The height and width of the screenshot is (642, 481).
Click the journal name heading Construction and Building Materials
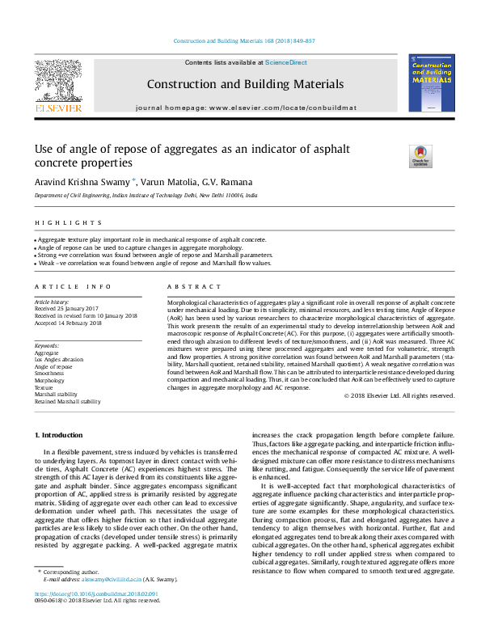(x=245, y=84)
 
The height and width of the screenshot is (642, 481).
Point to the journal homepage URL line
(x=245, y=107)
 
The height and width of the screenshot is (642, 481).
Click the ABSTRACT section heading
(x=194, y=286)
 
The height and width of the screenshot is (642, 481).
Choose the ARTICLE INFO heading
(x=74, y=286)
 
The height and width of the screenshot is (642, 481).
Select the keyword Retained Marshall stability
(x=68, y=401)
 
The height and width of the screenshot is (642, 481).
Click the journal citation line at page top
(x=245, y=41)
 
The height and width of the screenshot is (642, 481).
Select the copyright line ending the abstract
(x=400, y=395)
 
